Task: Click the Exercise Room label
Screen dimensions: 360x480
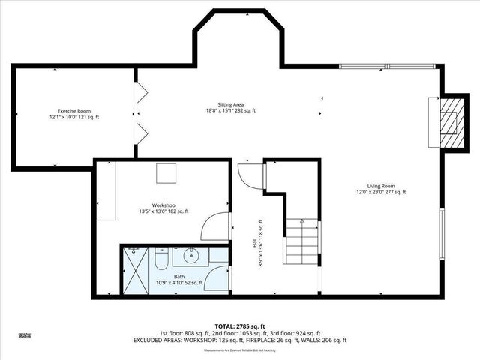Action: pos(74,114)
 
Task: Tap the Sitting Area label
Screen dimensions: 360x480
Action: pos(231,107)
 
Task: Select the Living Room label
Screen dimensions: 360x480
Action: pos(380,189)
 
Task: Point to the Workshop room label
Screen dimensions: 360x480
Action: pos(163,208)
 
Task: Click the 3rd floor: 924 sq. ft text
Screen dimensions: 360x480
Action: pos(298,333)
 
